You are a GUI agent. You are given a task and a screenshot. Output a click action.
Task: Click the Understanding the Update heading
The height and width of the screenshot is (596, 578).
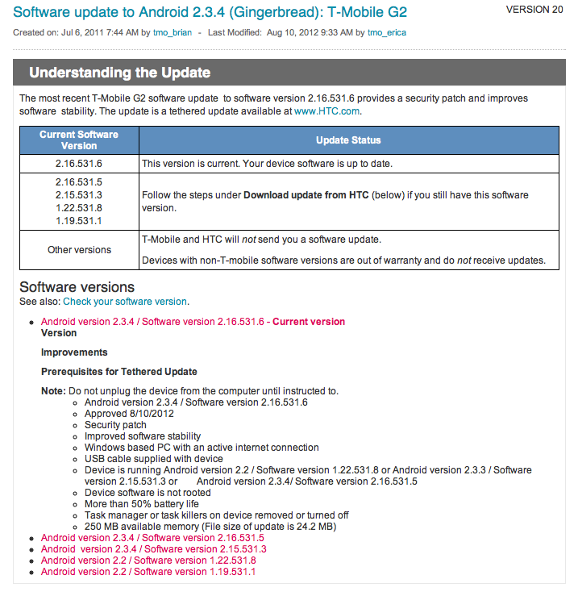119,73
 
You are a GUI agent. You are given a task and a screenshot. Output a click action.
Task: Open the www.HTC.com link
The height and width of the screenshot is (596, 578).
326,111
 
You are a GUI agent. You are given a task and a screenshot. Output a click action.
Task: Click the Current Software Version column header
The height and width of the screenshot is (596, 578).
79,140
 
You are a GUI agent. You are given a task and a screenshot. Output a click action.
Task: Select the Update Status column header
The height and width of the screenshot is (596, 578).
348,140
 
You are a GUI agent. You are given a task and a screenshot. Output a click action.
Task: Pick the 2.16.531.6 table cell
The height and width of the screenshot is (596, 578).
79,164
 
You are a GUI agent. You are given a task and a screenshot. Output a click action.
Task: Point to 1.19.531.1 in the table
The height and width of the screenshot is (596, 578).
79,220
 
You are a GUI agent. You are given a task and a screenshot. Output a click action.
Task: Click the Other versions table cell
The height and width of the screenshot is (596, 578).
79,249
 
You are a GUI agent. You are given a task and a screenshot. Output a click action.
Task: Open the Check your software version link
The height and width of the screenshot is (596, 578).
125,301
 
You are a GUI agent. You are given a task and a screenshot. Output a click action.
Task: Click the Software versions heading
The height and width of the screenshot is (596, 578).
77,287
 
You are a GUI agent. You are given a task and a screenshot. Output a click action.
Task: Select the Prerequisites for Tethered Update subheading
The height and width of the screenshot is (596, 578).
119,372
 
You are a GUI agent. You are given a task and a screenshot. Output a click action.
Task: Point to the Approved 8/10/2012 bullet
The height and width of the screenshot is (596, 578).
129,413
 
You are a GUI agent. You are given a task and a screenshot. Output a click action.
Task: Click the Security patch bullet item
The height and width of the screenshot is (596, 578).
115,425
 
